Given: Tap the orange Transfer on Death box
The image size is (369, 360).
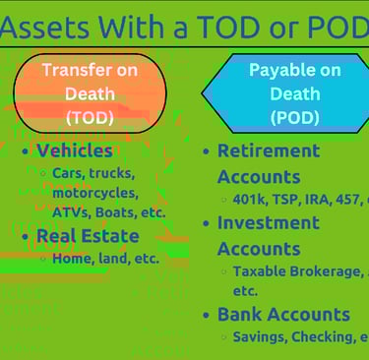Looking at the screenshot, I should [x=89, y=93].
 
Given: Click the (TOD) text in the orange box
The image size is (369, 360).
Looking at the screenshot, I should [x=90, y=117].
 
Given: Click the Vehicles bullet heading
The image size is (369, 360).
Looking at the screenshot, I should [x=75, y=151].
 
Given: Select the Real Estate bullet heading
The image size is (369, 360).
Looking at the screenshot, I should [x=88, y=236].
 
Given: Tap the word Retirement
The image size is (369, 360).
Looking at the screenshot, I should [x=269, y=151].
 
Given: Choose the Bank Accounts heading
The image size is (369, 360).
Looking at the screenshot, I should [x=283, y=315].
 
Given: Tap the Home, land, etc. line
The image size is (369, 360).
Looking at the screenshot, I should [x=105, y=258].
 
